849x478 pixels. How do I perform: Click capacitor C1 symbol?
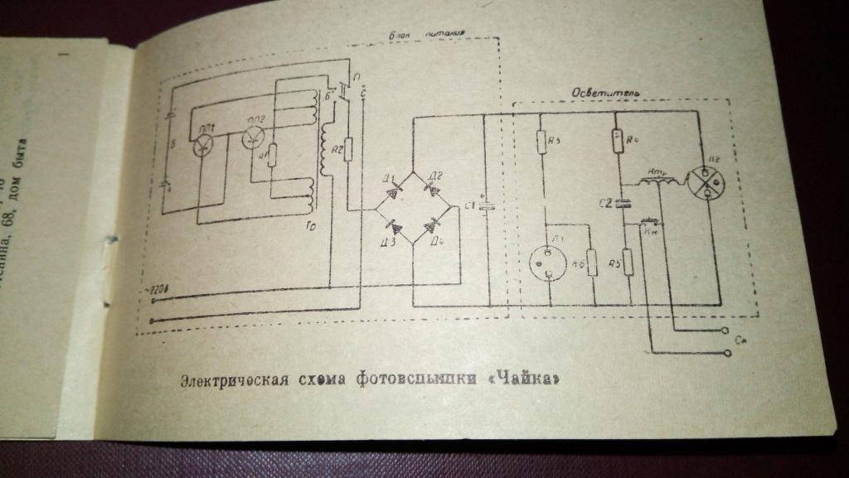click(488, 207)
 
